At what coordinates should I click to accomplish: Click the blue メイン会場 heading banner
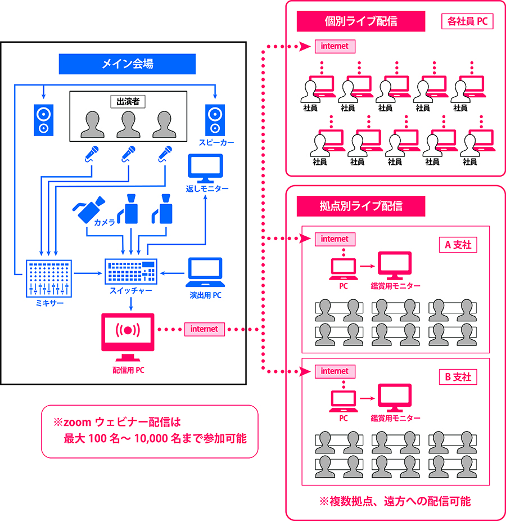[x=127, y=64]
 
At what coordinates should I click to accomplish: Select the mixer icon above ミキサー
[x=49, y=278]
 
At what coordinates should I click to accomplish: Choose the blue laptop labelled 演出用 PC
[x=204, y=272]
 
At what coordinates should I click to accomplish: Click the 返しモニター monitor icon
[x=205, y=167]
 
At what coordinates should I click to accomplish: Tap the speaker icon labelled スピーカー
[x=215, y=120]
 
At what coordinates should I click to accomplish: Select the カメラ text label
[x=105, y=223]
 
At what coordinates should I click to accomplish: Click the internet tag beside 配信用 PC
[x=204, y=329]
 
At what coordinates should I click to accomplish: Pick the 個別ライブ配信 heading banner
[x=360, y=21]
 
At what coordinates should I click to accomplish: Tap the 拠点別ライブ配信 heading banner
[x=360, y=206]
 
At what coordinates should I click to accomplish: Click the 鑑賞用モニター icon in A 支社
[x=395, y=265]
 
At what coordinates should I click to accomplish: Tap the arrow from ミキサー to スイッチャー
[x=88, y=274]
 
